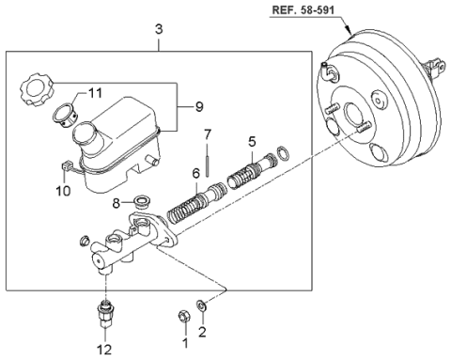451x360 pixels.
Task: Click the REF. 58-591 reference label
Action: [303, 9]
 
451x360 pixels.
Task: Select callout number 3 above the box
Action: [159, 29]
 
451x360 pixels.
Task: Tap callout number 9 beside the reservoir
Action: [199, 107]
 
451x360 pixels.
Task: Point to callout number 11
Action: [95, 93]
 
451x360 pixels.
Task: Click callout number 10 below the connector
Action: [63, 191]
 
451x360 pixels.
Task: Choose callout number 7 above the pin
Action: [208, 134]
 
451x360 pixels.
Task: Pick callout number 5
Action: [252, 142]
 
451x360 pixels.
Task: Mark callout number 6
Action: [196, 173]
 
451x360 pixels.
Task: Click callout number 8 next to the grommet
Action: [117, 204]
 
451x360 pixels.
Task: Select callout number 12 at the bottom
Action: [104, 350]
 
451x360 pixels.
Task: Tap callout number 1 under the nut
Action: [185, 343]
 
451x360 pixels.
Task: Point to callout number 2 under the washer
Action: [202, 332]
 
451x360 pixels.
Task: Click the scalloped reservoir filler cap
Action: [38, 89]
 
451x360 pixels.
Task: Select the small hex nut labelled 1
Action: [184, 316]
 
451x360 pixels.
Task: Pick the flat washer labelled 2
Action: [201, 305]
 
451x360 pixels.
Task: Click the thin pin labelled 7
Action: [208, 164]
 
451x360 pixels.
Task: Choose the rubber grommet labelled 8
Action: [143, 202]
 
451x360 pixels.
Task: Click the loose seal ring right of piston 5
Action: [283, 152]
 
